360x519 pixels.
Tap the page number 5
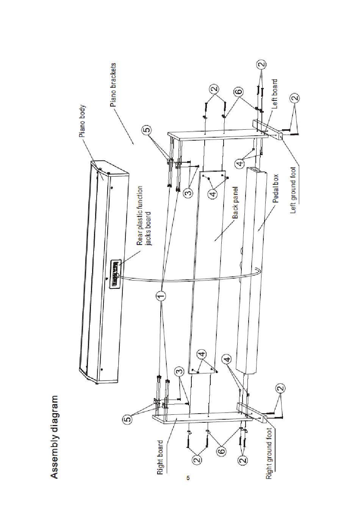[188, 478]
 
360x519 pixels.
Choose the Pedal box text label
[276, 188]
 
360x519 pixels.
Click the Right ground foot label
[269, 453]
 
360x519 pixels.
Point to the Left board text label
[275, 94]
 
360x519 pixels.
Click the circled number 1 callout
[161, 295]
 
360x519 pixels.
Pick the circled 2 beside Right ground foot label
[281, 388]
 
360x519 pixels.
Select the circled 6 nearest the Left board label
[238, 93]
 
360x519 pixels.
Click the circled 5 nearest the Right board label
[128, 419]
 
